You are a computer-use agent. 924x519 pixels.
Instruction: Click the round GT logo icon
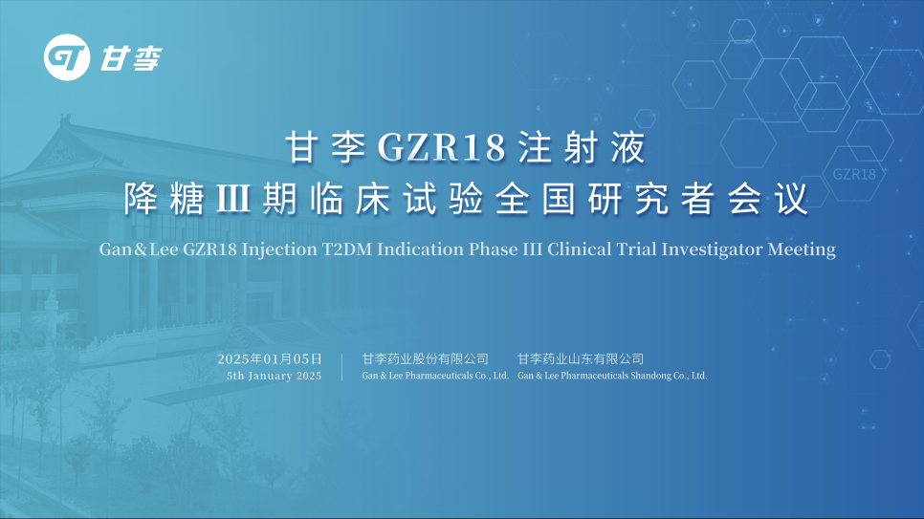pyautogui.click(x=67, y=57)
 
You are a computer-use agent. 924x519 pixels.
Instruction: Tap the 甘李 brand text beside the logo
pyautogui.click(x=130, y=58)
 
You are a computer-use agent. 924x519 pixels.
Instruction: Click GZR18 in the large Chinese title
pyautogui.click(x=441, y=146)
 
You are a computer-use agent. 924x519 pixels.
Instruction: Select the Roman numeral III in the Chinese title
pyautogui.click(x=233, y=199)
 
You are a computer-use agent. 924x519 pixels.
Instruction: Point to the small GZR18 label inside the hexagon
pyautogui.click(x=854, y=174)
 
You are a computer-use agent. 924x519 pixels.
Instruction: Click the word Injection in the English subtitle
pyautogui.click(x=279, y=249)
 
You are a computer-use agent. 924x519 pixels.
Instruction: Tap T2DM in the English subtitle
pyautogui.click(x=346, y=249)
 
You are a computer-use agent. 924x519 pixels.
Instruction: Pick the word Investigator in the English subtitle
pyautogui.click(x=712, y=249)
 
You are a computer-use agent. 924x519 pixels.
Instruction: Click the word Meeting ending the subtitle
pyautogui.click(x=802, y=249)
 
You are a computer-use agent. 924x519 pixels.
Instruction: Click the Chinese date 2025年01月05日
pyautogui.click(x=270, y=358)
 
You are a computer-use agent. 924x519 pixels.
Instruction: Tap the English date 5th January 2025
pyautogui.click(x=274, y=376)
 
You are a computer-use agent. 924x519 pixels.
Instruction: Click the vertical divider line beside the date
pyautogui.click(x=341, y=367)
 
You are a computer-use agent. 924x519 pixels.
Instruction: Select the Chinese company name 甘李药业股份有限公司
pyautogui.click(x=425, y=358)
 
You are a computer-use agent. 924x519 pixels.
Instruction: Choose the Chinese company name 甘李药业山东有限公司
pyautogui.click(x=581, y=358)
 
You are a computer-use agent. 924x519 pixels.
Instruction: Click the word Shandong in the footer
pyautogui.click(x=650, y=376)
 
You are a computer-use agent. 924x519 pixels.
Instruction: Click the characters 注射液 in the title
pyautogui.click(x=583, y=146)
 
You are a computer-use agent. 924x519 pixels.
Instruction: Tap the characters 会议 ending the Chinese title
pyautogui.click(x=768, y=199)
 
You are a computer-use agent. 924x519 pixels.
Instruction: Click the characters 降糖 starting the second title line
pyautogui.click(x=164, y=199)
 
